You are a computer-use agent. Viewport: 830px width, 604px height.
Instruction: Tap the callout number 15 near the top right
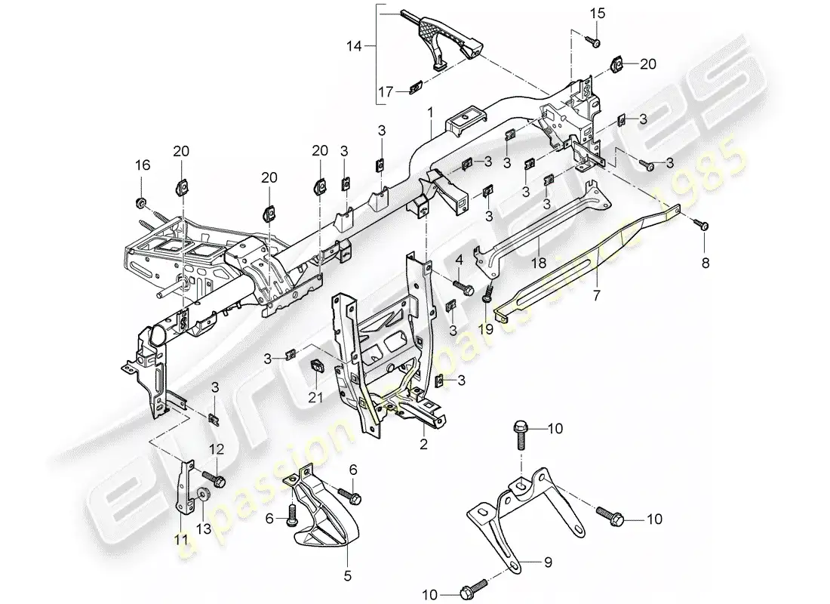click(597, 14)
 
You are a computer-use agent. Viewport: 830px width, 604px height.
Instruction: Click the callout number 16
click(141, 165)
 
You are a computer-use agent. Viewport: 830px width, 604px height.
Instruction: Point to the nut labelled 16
click(141, 202)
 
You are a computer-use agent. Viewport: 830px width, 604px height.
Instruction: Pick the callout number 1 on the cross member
click(431, 112)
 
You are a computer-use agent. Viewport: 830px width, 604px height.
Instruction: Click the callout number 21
click(318, 397)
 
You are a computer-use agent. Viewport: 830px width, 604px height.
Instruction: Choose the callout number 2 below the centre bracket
click(423, 445)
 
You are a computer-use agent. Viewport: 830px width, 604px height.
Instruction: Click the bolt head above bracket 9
click(521, 430)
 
